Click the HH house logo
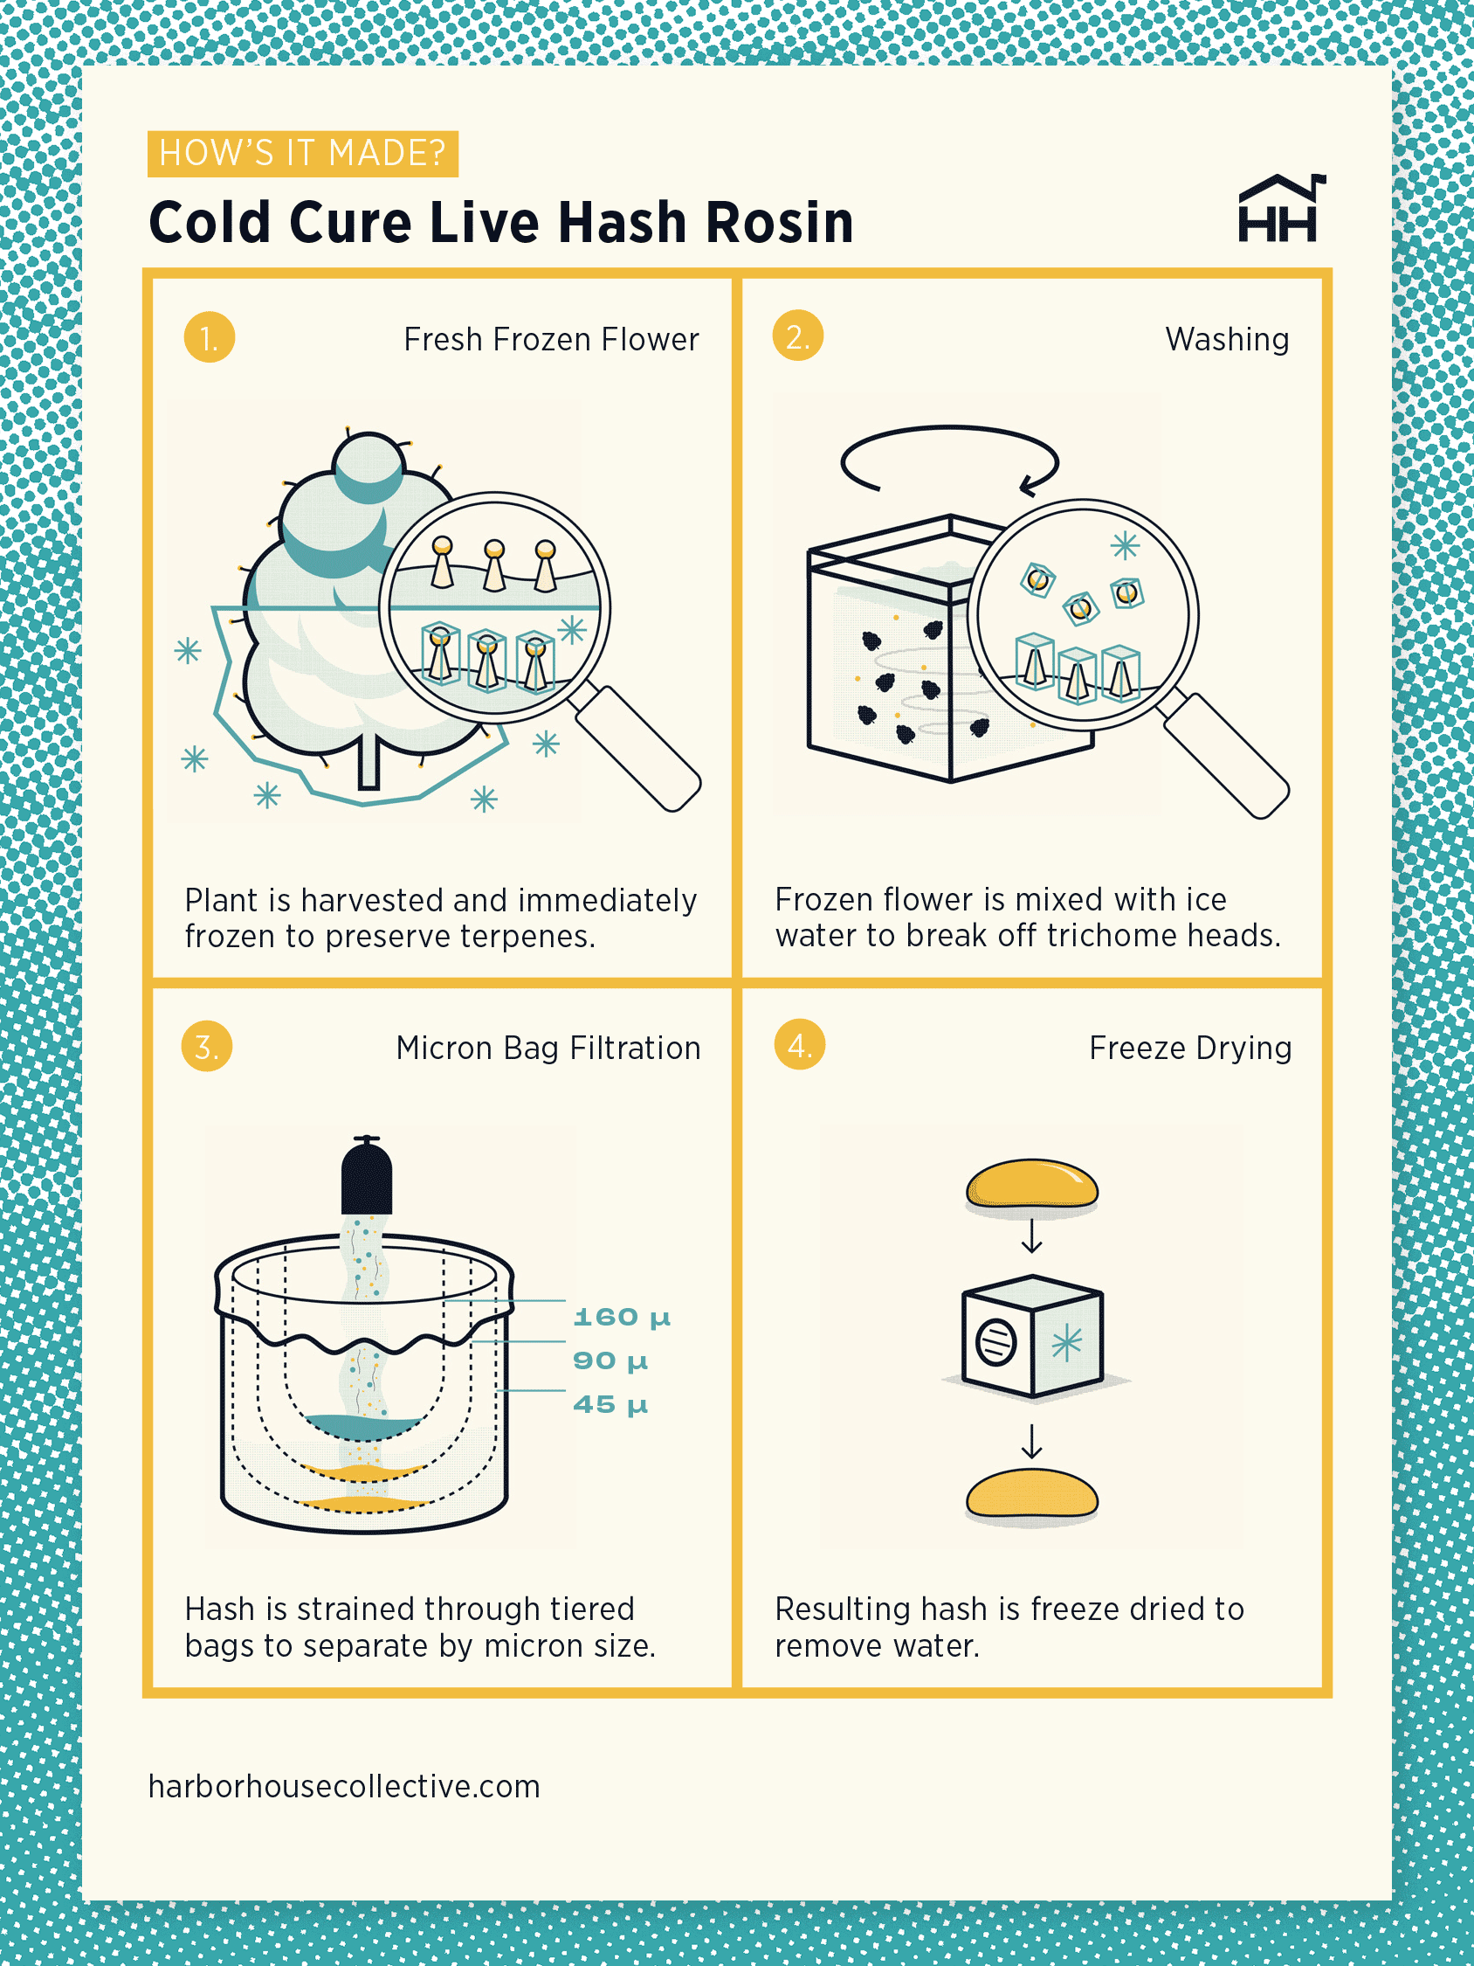tap(1280, 210)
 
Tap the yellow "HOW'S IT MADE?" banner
tap(302, 154)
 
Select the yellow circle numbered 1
tap(209, 338)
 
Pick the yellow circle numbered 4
tap(799, 1044)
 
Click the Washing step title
tap(1226, 340)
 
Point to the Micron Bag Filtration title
tap(548, 1048)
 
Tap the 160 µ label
tap(621, 1316)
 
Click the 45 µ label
tap(610, 1404)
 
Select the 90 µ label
tap(610, 1360)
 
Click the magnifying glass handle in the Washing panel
tap(1226, 756)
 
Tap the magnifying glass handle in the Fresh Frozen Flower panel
tap(638, 748)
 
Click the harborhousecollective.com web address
tap(344, 1787)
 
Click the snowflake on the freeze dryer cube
tap(1066, 1343)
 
